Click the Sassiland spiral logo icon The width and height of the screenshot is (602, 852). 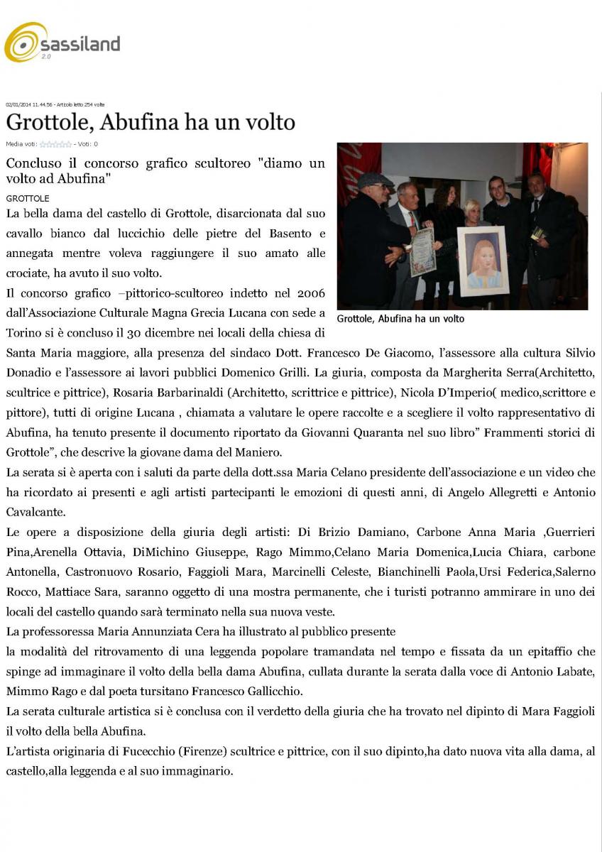click(x=26, y=43)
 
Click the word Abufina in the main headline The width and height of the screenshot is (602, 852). click(x=138, y=122)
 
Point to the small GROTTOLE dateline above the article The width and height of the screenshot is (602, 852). click(x=28, y=198)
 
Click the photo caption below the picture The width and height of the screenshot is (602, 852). click(x=400, y=319)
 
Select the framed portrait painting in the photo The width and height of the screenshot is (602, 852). click(x=482, y=260)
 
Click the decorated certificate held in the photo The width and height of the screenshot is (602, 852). click(x=422, y=251)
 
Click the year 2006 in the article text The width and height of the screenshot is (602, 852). click(x=310, y=293)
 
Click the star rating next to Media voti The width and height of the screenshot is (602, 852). click(x=55, y=144)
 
